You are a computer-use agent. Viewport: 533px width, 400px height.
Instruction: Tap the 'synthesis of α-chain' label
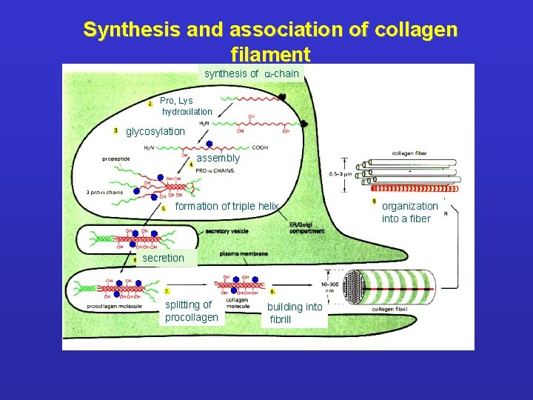(251, 73)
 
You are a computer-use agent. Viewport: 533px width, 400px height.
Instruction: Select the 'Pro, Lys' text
(176, 101)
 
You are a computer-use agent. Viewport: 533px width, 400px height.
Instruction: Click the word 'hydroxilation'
(187, 112)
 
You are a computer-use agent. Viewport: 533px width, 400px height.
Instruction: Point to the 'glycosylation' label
(155, 132)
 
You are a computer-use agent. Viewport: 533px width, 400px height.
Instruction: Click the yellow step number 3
(115, 131)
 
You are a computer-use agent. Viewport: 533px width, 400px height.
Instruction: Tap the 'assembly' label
(218, 159)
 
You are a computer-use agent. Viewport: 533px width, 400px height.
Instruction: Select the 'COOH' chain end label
(260, 147)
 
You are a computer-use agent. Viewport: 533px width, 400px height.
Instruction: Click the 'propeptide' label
(118, 158)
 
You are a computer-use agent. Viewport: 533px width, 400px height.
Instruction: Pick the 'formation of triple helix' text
(227, 206)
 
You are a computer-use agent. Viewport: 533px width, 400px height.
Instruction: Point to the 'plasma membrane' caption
(244, 254)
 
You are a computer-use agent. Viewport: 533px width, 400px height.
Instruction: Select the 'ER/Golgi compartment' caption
(306, 229)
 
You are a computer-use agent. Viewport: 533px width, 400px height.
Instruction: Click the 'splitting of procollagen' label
(192, 311)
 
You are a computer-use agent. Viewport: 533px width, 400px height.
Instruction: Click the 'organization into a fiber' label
(409, 213)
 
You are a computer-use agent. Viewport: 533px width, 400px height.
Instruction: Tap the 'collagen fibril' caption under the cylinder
(391, 309)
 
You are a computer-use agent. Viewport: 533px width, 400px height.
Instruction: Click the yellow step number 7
(167, 292)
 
